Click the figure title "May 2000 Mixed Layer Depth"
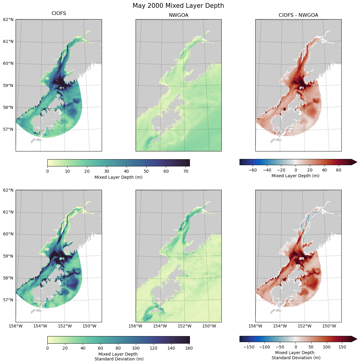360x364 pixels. point(178,6)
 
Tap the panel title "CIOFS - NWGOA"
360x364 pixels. point(298,15)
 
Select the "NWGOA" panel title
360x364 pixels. point(178,15)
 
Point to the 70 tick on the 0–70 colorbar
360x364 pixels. point(186,171)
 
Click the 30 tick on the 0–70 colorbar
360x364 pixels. point(107,171)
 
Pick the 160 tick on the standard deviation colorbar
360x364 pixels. point(189,348)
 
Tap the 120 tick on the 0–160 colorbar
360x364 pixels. point(154,348)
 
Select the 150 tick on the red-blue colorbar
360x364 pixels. point(342,347)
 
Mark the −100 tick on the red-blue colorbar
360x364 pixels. point(264,347)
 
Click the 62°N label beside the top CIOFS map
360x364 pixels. point(8,19)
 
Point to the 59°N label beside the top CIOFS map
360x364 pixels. point(8,85)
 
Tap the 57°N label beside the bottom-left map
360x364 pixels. point(8,300)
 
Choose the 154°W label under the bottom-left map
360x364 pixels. point(40,326)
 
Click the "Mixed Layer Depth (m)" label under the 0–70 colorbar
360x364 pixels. point(118,177)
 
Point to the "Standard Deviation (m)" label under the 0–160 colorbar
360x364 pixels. point(119,359)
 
